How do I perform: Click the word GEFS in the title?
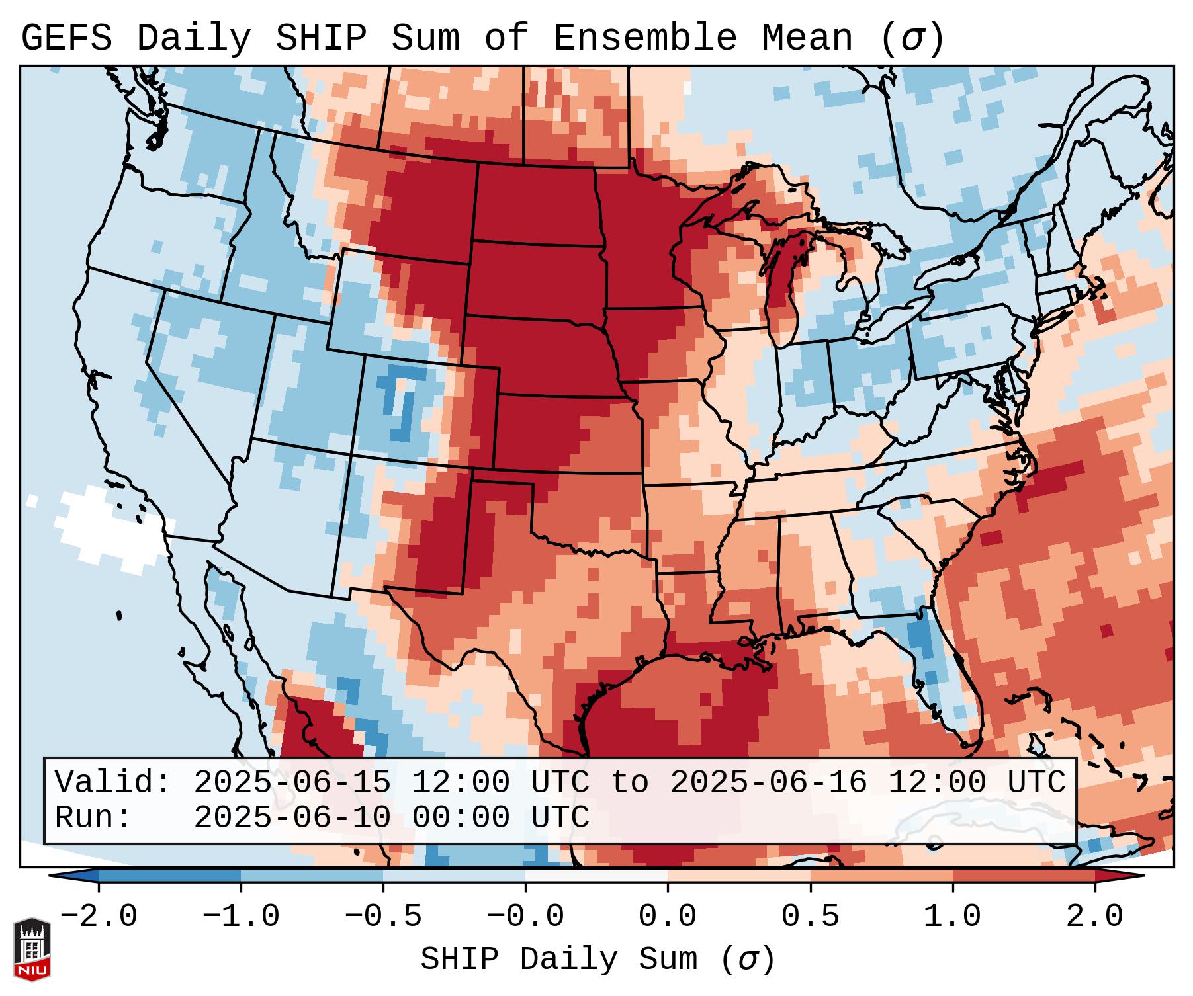[x=66, y=38]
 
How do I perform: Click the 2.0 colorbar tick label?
[x=1094, y=917]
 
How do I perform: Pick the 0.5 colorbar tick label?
[x=810, y=917]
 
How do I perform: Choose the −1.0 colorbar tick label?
[x=240, y=917]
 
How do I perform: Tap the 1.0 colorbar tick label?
[x=952, y=917]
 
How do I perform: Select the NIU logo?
[x=32, y=949]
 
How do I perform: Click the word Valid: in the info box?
[x=112, y=783]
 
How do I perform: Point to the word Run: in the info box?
[x=93, y=818]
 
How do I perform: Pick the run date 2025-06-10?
[x=292, y=818]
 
